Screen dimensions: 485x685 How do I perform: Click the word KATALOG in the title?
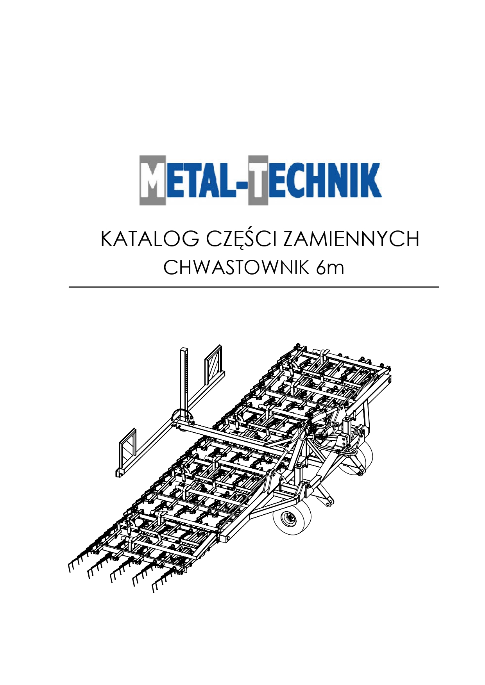click(149, 239)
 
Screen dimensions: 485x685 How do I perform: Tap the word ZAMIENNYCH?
click(351, 239)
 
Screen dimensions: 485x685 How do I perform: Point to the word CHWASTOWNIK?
click(236, 268)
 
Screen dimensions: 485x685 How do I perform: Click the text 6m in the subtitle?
click(330, 268)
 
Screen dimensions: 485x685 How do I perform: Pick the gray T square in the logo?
click(258, 181)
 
